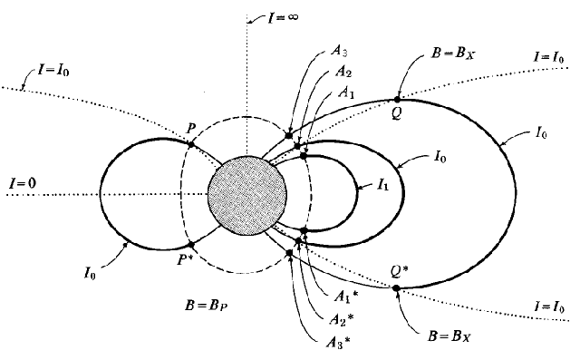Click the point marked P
(191, 144)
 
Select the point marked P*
(191, 245)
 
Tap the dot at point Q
(397, 100)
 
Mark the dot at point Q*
(396, 287)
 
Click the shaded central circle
(247, 195)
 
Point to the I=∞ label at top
(283, 17)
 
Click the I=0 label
(23, 183)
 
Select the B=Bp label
(206, 306)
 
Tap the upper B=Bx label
(453, 54)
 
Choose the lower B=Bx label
(449, 336)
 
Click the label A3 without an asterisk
(339, 51)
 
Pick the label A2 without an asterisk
(343, 71)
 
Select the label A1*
(346, 296)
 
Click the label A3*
(338, 343)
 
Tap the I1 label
(382, 184)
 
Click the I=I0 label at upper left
(53, 70)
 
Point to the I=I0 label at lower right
(549, 306)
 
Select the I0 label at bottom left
(90, 274)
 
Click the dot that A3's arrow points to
(289, 135)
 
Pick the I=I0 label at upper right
(549, 57)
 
